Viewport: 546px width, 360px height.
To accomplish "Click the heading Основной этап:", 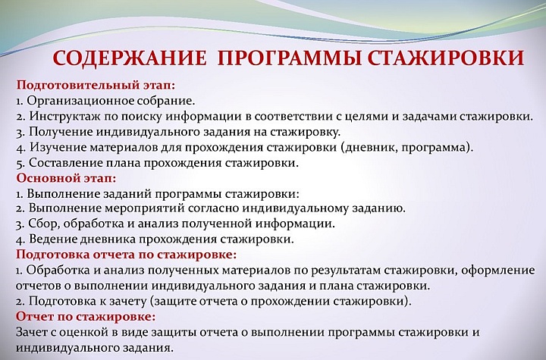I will pyautogui.click(x=66, y=179).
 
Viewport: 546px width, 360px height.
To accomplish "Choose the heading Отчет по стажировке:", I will pyautogui.click(x=85, y=316).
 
